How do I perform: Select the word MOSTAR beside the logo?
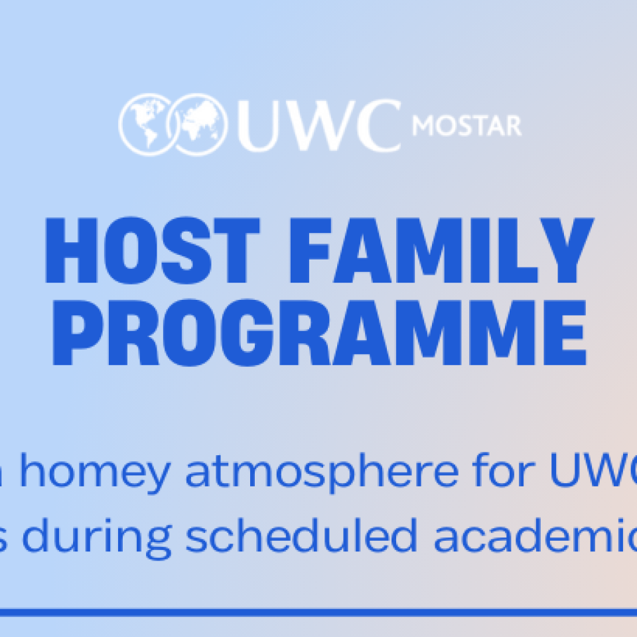coord(466,125)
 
